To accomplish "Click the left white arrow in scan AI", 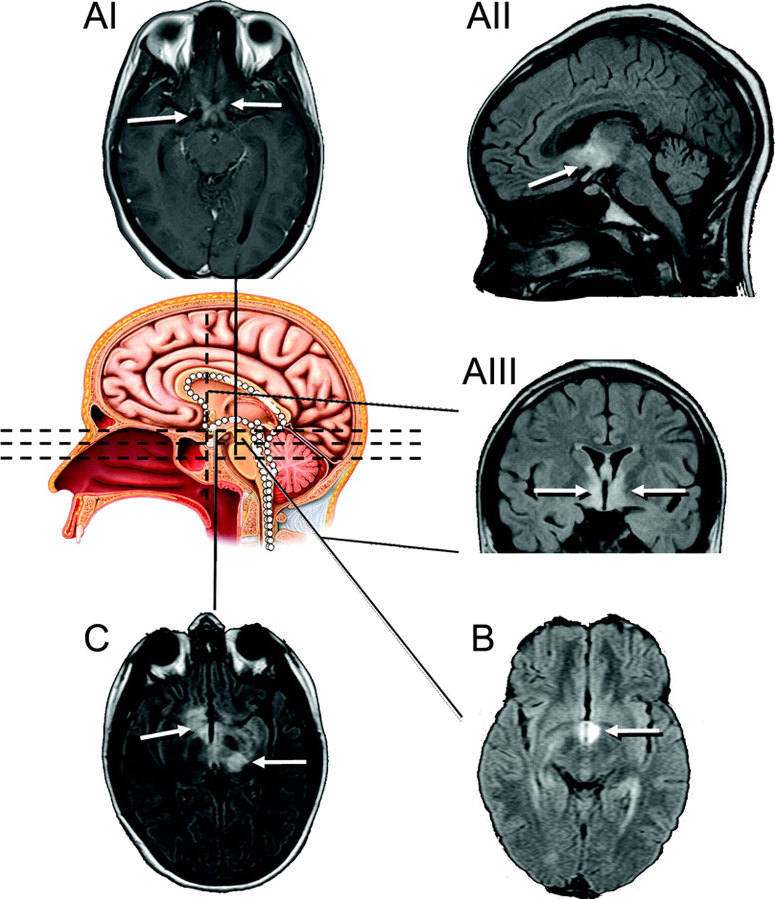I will click(x=157, y=119).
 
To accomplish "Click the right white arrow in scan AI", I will click(x=256, y=105).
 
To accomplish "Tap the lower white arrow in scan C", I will click(x=280, y=761).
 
